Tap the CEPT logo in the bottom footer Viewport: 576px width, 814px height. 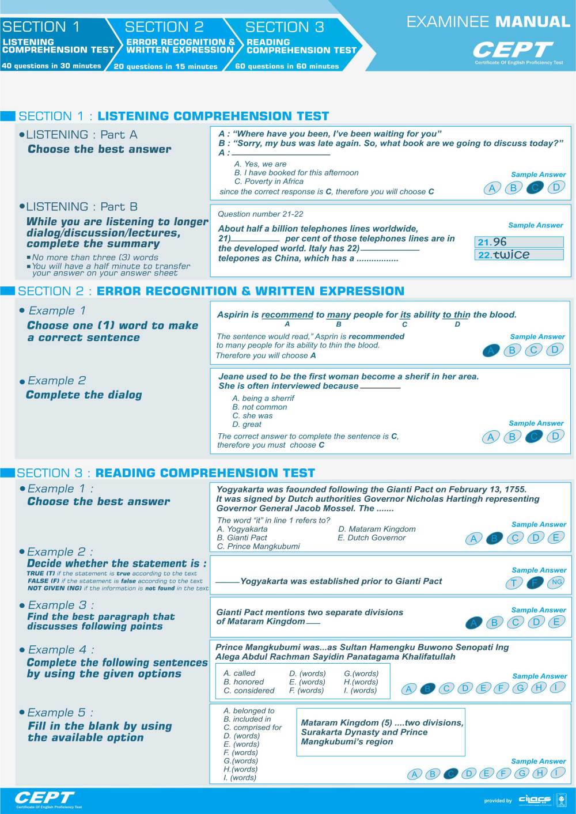(44, 798)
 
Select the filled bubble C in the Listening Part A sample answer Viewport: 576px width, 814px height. (535, 187)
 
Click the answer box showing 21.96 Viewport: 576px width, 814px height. (519, 242)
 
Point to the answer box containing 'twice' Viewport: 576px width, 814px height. (519, 255)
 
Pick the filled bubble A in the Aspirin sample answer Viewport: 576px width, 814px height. (490, 350)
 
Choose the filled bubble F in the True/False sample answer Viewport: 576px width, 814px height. (535, 582)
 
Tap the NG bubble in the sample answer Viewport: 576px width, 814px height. (556, 582)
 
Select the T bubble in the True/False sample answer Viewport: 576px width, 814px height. (513, 583)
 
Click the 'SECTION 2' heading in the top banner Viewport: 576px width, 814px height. (164, 27)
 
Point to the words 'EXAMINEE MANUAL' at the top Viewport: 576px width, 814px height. (488, 22)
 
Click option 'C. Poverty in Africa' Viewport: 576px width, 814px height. (268, 181)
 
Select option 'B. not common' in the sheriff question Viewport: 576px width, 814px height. (259, 407)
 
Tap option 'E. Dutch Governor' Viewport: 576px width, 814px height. (372, 537)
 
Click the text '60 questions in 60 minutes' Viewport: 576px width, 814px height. (287, 66)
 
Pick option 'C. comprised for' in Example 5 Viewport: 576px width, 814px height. (252, 728)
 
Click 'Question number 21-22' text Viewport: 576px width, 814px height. (260, 214)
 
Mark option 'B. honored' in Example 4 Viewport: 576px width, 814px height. (244, 682)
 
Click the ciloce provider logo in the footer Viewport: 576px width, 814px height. (535, 800)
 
